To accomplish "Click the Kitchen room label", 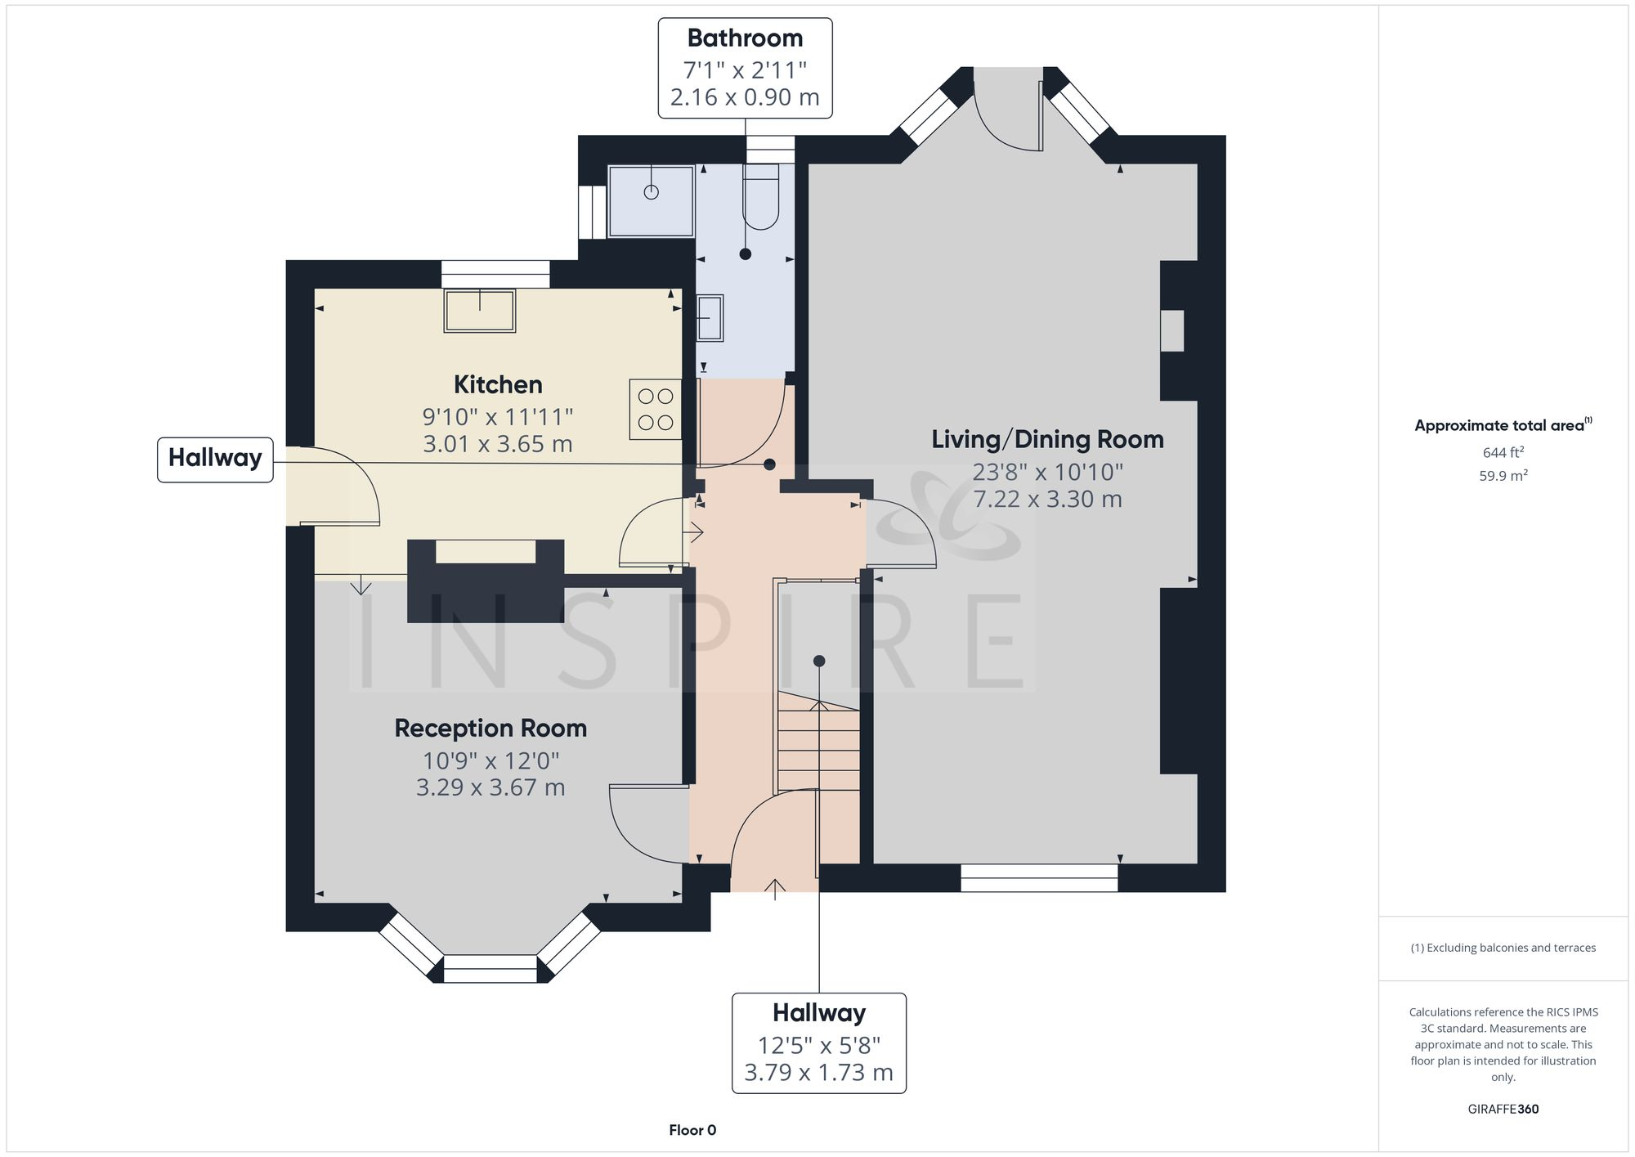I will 498,384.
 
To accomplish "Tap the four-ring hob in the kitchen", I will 655,410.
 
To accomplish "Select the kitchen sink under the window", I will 480,311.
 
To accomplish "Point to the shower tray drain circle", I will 651,192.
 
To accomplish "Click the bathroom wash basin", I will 710,318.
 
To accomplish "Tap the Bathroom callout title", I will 745,38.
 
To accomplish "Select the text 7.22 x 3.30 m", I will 1047,499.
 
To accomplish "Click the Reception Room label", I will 490,728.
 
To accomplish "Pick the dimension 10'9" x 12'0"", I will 490,760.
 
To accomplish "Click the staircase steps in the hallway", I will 818,748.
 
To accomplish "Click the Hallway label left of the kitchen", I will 215,458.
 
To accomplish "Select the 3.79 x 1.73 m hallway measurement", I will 818,1072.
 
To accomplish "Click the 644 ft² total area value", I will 1503,452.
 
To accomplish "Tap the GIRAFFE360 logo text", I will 1503,1109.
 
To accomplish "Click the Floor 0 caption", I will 692,1130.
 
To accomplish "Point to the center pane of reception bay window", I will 490,968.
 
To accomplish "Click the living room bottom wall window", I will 1039,877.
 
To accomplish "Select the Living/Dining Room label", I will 1047,440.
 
